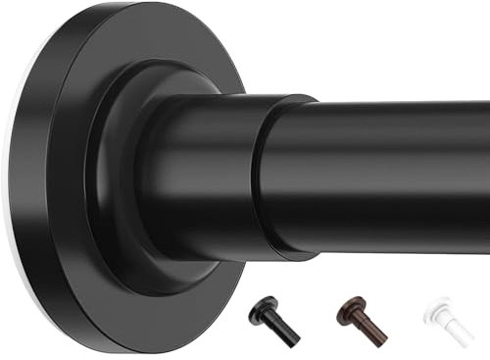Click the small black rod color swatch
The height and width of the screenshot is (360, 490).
273,321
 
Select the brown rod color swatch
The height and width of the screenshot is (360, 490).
361,321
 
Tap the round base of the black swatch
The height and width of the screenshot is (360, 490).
261,311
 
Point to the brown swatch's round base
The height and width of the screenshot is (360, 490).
348,311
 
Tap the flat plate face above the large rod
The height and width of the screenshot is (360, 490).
147,49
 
